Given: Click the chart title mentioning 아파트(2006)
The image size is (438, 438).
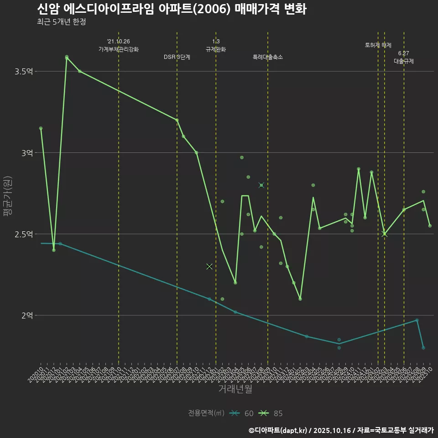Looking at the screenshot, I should pyautogui.click(x=172, y=10).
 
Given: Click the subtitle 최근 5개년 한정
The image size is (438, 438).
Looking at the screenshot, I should pyautogui.click(x=62, y=21).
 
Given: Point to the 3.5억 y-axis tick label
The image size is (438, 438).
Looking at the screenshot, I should pyautogui.click(x=24, y=72).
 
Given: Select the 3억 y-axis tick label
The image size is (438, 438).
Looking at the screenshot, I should pyautogui.click(x=27, y=153).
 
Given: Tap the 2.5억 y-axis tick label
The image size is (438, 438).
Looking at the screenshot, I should pyautogui.click(x=24, y=234).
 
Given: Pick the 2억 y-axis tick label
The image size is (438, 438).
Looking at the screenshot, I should pyautogui.click(x=27, y=315).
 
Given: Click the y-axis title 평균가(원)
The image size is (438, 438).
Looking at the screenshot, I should pyautogui.click(x=8, y=196).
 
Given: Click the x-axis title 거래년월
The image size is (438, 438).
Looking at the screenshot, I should pyautogui.click(x=235, y=389).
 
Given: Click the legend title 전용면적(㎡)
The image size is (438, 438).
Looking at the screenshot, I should pyautogui.click(x=206, y=413).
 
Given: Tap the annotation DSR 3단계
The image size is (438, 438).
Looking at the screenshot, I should pyautogui.click(x=177, y=57).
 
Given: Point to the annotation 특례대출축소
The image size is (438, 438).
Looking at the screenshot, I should pyautogui.click(x=268, y=57).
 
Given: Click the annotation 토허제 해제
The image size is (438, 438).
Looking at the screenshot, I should pyautogui.click(x=378, y=45).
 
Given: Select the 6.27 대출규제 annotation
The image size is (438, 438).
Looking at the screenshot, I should pyautogui.click(x=404, y=57).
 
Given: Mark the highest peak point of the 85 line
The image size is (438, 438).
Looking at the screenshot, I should pyautogui.click(x=67, y=57).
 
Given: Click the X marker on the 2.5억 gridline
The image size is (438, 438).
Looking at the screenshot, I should pyautogui.click(x=385, y=234).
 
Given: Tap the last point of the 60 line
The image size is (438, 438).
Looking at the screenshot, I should pyautogui.click(x=423, y=348).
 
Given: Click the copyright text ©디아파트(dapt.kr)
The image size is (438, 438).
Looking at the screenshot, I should pyautogui.click(x=278, y=430).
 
